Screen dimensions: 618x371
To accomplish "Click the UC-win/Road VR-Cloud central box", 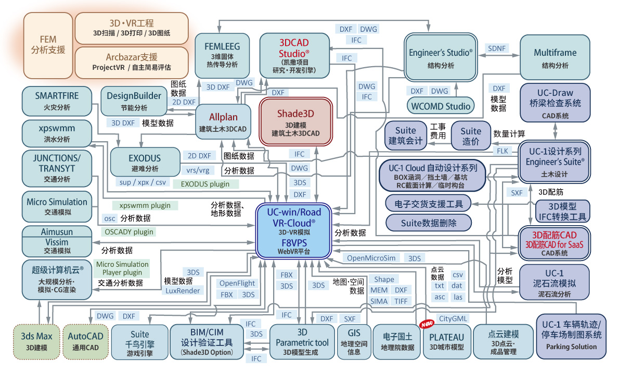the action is coord(293,231).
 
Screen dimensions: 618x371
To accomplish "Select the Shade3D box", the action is coord(295,121).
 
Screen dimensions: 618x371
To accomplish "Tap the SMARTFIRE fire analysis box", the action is coord(57,101).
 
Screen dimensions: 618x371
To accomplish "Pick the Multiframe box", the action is coord(555,57).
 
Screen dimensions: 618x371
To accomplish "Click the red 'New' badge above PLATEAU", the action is coord(427,324).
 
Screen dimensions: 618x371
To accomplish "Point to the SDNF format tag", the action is coord(497,48).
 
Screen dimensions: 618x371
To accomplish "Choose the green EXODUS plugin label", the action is coord(205,184).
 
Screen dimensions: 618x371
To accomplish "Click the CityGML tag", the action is coord(453,318).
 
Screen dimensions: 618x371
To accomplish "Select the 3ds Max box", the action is coord(36,341).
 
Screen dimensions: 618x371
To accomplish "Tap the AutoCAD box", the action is coord(85,341).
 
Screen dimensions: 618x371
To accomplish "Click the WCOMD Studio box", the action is coord(441,106).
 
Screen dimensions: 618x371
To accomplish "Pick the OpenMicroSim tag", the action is coord(371,258).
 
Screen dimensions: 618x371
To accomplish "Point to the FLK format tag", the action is coord(503,151).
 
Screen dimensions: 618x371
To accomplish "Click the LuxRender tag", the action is coord(183,291).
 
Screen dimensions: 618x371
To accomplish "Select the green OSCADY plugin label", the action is coord(129,232).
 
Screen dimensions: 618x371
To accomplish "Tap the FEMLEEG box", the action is coord(222,56).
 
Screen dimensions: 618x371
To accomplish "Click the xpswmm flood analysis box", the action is coord(57,133).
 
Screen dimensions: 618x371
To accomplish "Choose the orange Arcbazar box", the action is coord(132,63).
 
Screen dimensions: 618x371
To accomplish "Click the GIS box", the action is coord(354,341).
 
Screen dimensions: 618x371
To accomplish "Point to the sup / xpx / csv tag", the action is coord(143,182).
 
